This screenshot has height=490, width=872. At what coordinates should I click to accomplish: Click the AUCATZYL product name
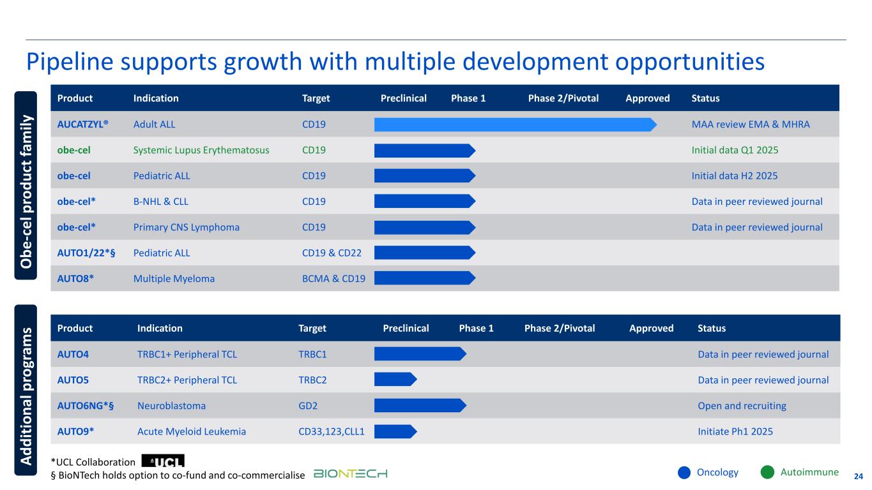[82, 124]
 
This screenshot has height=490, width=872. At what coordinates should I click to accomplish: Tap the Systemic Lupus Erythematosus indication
[201, 151]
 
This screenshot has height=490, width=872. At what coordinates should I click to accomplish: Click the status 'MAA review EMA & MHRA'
[751, 124]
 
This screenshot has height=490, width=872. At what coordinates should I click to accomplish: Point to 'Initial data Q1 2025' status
[735, 151]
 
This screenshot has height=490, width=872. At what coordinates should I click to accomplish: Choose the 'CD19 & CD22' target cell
[332, 253]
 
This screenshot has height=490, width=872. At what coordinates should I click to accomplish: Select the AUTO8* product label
[75, 279]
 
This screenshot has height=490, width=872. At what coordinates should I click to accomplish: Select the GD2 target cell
[306, 406]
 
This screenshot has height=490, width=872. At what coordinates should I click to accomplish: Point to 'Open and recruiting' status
[742, 406]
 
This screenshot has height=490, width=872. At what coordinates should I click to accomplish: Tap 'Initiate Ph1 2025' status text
[735, 432]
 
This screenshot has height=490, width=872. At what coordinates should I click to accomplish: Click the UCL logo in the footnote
[163, 461]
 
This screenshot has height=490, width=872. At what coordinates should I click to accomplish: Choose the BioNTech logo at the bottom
[351, 473]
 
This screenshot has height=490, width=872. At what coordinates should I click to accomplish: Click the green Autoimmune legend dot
[768, 473]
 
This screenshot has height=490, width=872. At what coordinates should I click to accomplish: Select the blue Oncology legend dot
[684, 473]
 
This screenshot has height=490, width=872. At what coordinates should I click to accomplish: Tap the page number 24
[859, 476]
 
